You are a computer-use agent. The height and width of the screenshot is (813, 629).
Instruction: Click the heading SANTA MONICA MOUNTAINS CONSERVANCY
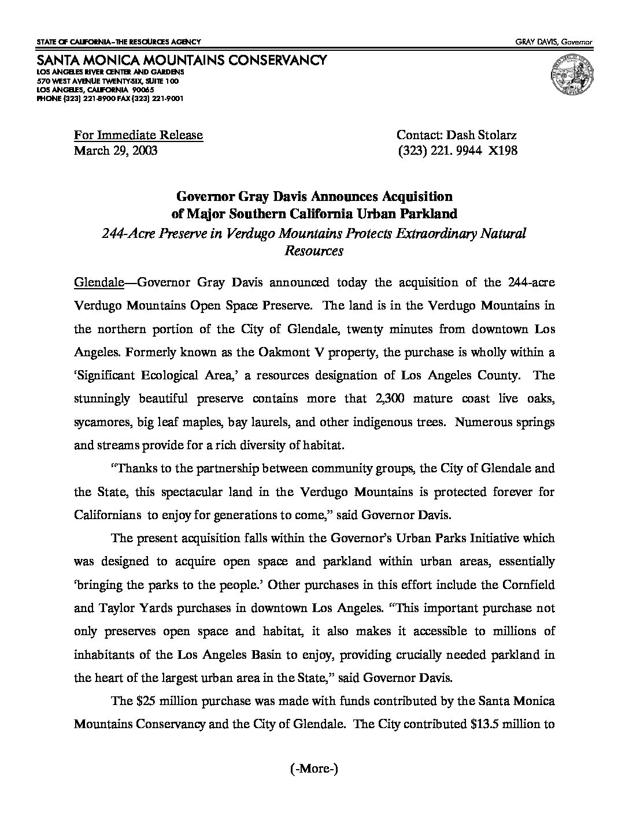(182, 60)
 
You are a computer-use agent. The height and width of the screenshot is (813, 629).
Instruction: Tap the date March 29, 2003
(116, 151)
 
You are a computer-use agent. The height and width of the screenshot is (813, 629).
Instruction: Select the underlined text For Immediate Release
(138, 135)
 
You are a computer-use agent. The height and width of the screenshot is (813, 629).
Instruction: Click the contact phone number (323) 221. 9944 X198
(457, 151)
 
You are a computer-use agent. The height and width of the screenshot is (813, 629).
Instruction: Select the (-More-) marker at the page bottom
(314, 768)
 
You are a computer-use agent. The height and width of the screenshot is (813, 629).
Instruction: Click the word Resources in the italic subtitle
(314, 251)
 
